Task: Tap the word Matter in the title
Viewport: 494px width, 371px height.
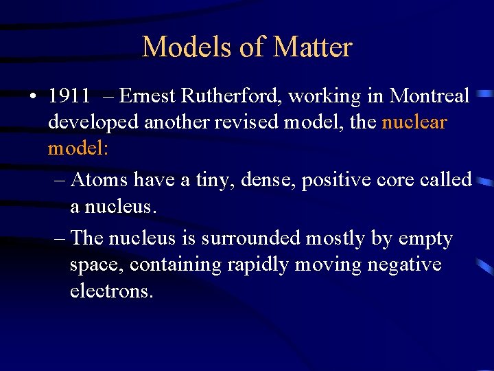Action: coord(313,47)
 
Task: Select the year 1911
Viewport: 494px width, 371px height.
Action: coord(69,96)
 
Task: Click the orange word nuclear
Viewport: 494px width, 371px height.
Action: coord(414,123)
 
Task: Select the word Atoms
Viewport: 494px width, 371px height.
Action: coord(99,180)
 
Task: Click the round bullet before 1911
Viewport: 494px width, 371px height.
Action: coord(33,97)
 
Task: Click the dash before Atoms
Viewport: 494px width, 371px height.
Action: coord(59,180)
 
